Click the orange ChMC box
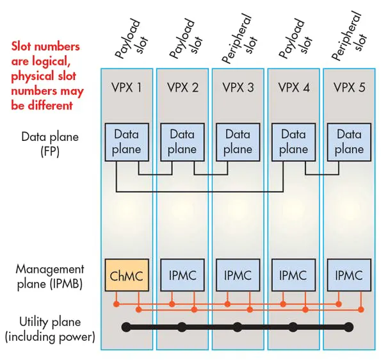pyautogui.click(x=126, y=275)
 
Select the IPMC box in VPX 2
pyautogui.click(x=182, y=275)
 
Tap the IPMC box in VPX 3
pyautogui.click(x=238, y=275)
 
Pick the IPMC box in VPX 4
pyautogui.click(x=293, y=275)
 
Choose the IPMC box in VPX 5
pyautogui.click(x=349, y=275)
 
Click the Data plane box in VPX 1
pyautogui.click(x=126, y=142)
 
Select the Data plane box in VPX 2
pyautogui.click(x=182, y=142)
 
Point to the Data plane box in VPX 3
pyautogui.click(x=238, y=142)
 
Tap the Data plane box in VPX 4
pyautogui.click(x=293, y=142)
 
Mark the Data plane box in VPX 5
pyautogui.click(x=349, y=142)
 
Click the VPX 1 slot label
pyautogui.click(x=126, y=87)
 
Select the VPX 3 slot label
pyautogui.click(x=238, y=87)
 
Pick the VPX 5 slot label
pyautogui.click(x=349, y=87)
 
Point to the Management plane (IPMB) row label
pyautogui.click(x=50, y=276)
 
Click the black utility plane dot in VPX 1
pyautogui.click(x=126, y=327)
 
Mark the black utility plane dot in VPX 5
pyautogui.click(x=349, y=327)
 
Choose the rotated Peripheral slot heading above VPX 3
pyautogui.click(x=238, y=40)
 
